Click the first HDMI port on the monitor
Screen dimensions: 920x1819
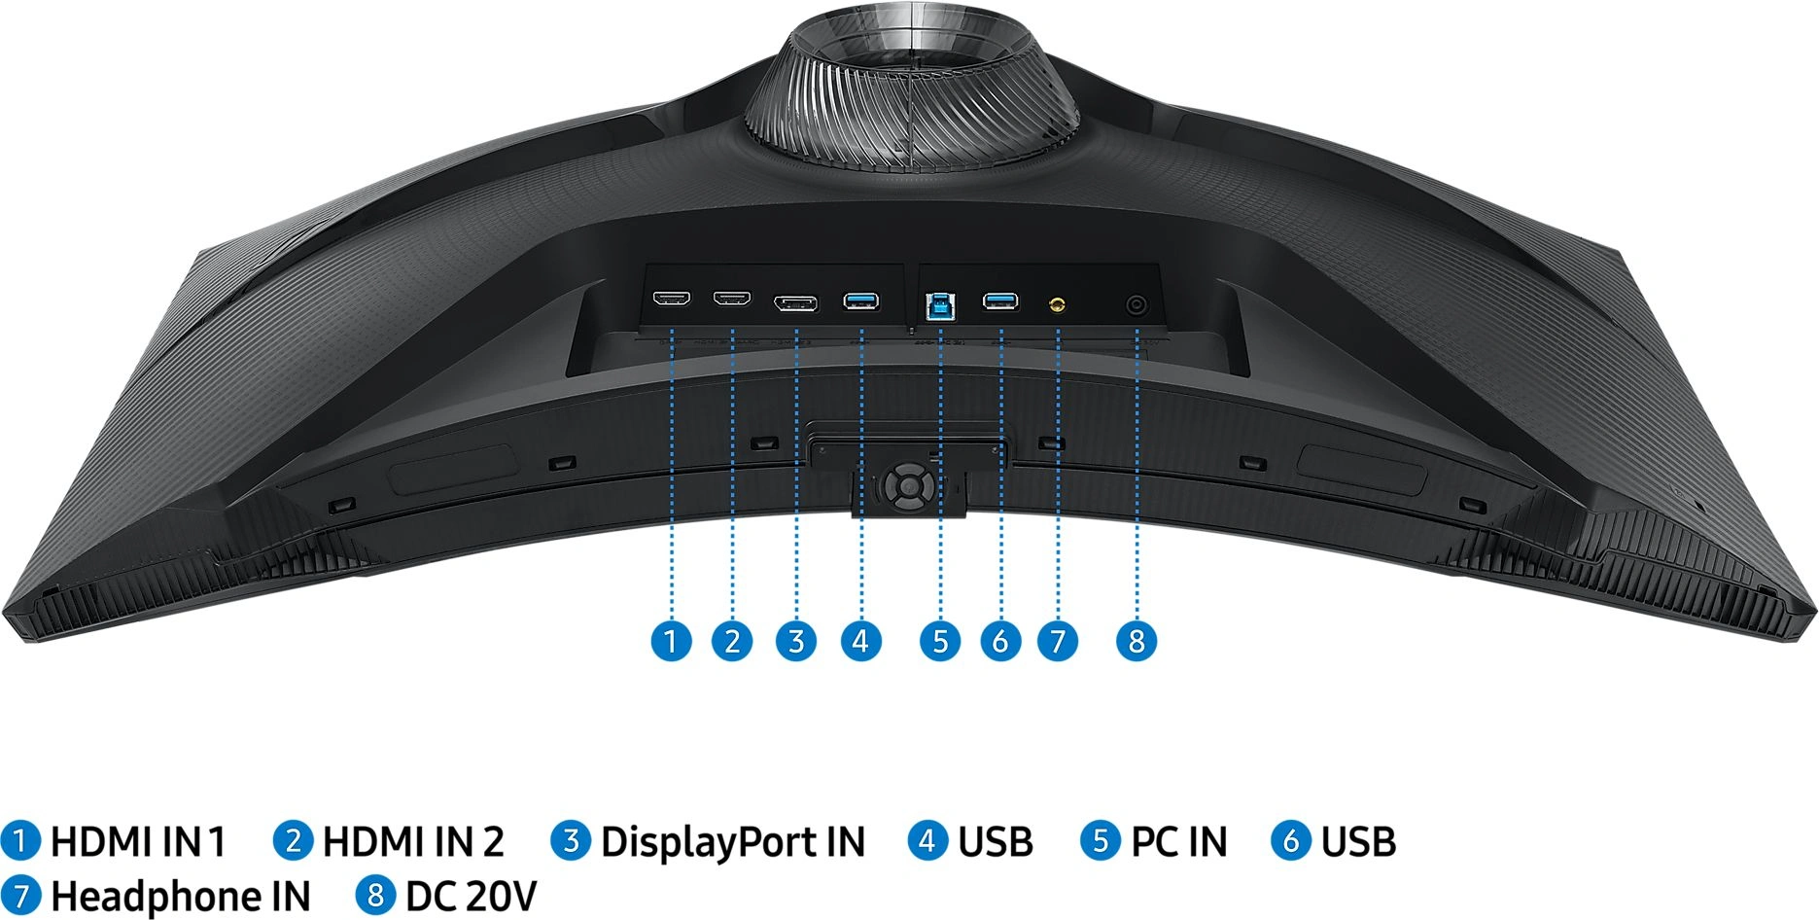(x=671, y=300)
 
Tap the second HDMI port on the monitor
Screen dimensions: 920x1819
(x=732, y=299)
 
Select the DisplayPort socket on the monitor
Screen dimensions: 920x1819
(x=795, y=303)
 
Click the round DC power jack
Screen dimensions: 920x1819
(x=1136, y=305)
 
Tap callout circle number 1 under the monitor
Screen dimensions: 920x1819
(x=670, y=641)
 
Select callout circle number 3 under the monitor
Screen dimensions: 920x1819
(x=796, y=641)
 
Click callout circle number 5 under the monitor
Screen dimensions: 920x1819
(x=940, y=641)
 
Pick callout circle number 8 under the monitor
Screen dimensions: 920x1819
(x=1137, y=641)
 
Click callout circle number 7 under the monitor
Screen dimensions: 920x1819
(x=1058, y=641)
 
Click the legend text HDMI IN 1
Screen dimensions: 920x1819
(x=137, y=841)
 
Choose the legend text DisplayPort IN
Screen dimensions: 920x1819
(x=732, y=841)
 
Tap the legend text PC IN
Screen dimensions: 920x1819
(x=1178, y=841)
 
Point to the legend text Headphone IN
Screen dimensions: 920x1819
(x=180, y=896)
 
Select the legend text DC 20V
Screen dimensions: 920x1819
(x=471, y=896)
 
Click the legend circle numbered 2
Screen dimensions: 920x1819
(x=293, y=840)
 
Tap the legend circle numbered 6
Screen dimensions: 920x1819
(x=1291, y=840)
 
